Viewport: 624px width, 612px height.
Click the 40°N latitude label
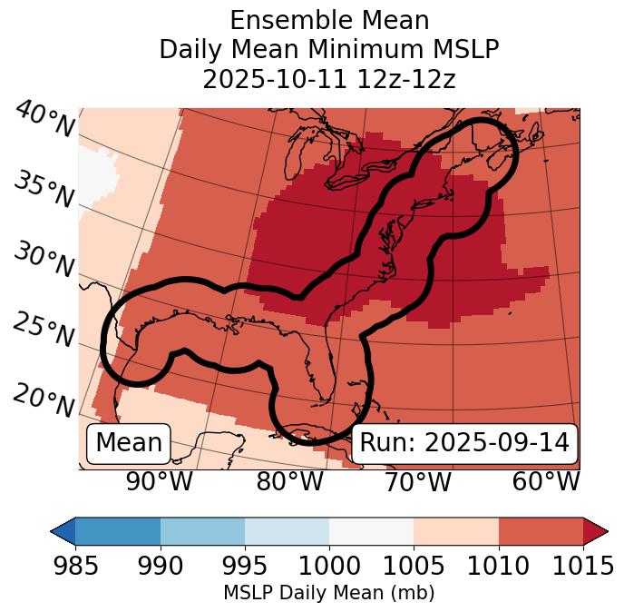coord(44,119)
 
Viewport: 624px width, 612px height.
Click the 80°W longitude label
coord(289,482)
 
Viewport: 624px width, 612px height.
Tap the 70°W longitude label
coord(417,482)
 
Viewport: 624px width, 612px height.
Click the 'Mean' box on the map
coord(129,443)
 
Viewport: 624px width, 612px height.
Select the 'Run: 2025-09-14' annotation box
coord(464,443)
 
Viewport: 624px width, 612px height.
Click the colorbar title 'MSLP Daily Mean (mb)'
coord(328,593)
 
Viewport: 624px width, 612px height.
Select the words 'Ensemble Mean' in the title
coord(329,20)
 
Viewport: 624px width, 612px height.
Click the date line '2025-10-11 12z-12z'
coord(329,79)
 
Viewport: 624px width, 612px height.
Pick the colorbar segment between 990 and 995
coord(202,531)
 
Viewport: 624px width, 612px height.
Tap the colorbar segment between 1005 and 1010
coord(456,531)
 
